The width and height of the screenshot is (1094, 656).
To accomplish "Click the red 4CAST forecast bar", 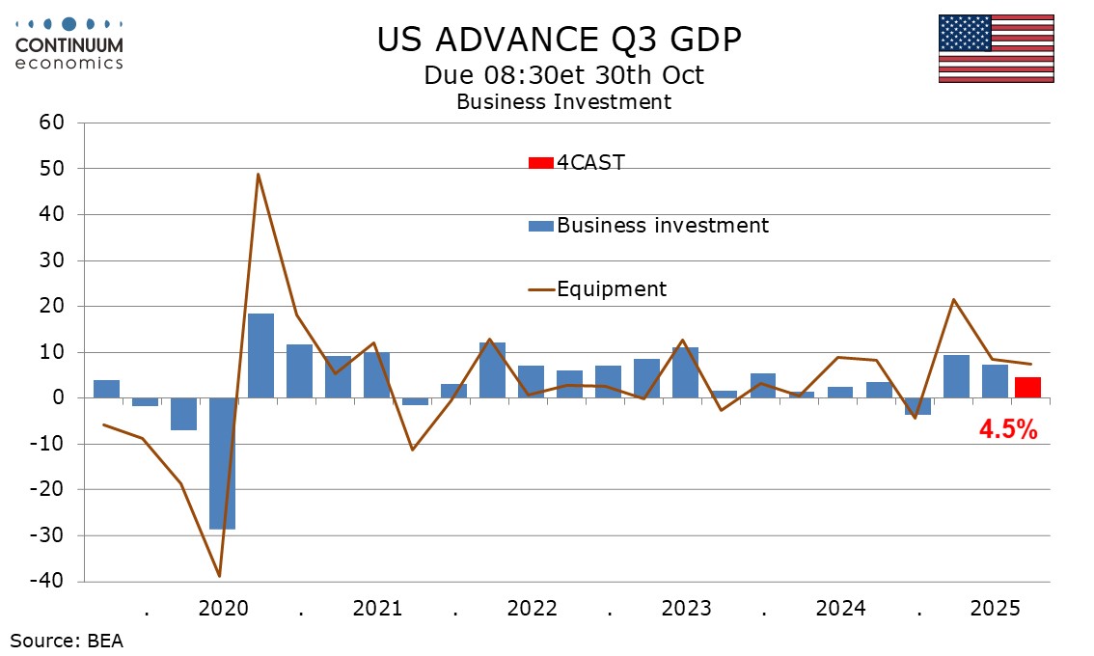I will coord(1027,388).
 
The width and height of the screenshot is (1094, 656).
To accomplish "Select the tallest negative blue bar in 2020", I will coord(222,463).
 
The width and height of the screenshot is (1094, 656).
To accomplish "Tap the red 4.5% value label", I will coord(1008,430).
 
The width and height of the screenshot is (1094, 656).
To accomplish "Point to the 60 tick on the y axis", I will coord(51,123).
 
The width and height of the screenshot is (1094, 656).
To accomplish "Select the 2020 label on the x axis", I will coord(223,610).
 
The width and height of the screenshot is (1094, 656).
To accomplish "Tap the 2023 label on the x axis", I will coord(686,610).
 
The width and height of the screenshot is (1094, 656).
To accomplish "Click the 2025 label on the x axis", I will coord(995,610).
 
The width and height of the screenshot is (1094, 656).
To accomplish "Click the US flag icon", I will coord(995,48).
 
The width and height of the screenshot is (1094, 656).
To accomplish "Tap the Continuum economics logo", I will coord(69,43).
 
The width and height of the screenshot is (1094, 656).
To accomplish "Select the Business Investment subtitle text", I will coord(563,101).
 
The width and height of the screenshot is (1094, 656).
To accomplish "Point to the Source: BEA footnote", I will coord(67,640).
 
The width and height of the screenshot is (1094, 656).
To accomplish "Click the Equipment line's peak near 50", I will coord(259,175).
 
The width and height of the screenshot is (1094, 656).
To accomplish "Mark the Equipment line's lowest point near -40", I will coord(220,576).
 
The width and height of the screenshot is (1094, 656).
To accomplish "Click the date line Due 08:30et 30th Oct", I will coord(563,74).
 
